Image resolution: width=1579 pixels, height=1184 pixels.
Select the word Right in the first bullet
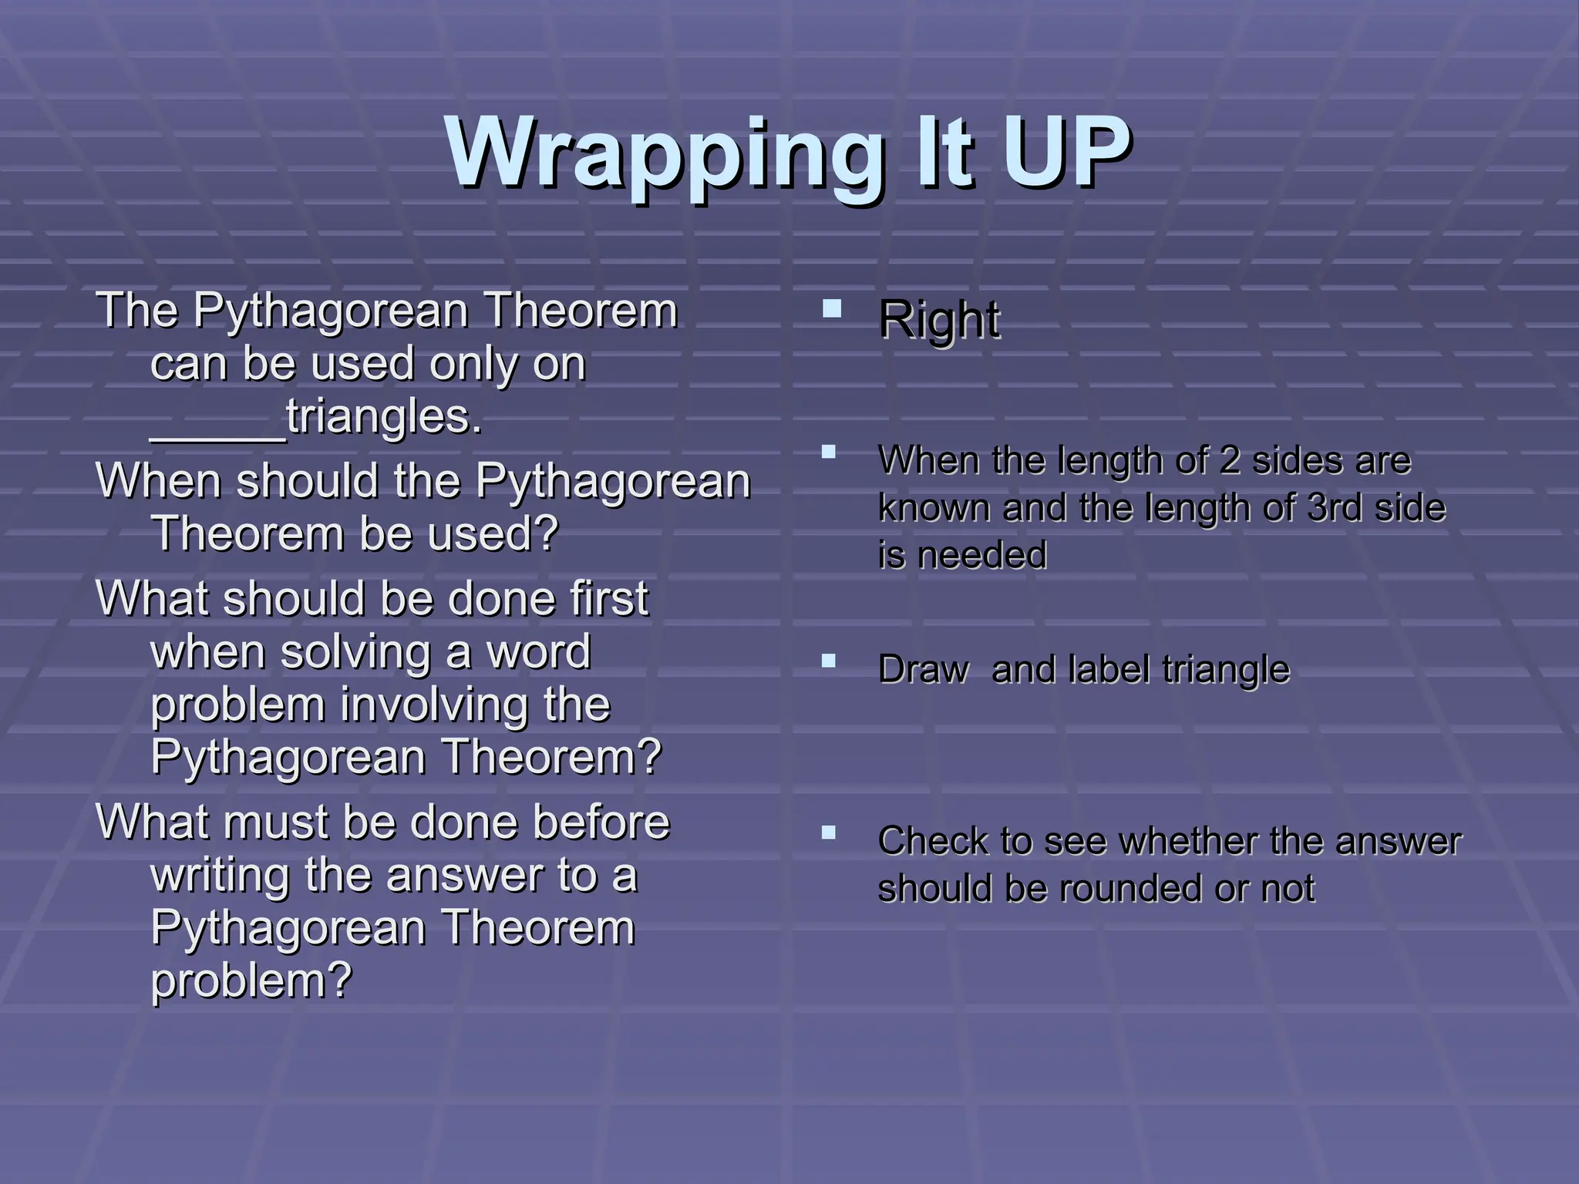(x=938, y=320)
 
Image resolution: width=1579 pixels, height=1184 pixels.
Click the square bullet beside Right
(x=831, y=309)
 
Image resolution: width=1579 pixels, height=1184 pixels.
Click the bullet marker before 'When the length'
(x=829, y=452)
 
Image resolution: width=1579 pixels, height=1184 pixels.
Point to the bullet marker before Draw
(x=829, y=661)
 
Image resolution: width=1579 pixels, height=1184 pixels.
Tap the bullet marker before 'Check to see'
(x=829, y=832)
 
